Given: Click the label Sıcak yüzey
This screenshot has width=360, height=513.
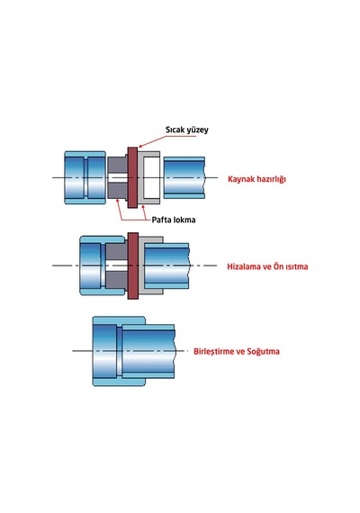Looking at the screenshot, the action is click(187, 130).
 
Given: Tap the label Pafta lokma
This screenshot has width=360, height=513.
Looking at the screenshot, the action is click(174, 220).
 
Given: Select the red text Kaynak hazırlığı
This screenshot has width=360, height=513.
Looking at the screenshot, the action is click(256, 179).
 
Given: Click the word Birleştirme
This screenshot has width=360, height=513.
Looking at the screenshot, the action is click(215, 351).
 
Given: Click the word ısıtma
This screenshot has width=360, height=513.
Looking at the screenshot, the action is click(297, 266).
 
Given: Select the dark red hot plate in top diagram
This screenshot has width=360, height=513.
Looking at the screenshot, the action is click(132, 177).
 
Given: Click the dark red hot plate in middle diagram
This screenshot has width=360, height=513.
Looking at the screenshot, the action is click(132, 265).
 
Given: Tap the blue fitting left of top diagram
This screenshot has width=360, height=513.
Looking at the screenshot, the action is click(85, 177).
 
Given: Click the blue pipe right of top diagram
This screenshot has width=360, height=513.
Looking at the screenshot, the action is click(184, 177).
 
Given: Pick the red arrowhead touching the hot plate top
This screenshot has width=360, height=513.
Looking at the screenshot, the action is click(140, 146).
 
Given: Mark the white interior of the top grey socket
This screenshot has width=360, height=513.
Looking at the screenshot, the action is click(151, 177).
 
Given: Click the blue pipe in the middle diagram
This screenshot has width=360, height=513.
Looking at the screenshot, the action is click(166, 265).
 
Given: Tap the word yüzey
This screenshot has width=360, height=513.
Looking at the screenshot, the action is click(196, 130).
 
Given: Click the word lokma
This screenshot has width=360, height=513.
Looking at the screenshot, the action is click(184, 220).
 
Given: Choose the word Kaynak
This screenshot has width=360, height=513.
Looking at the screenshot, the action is click(241, 179).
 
